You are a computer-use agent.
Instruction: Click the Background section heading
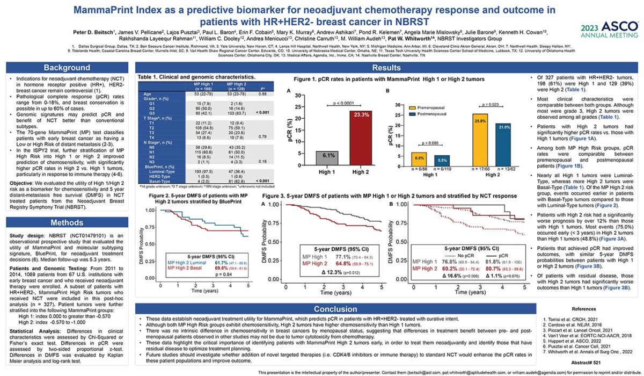click(67, 68)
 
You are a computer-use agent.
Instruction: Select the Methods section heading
click(67, 222)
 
